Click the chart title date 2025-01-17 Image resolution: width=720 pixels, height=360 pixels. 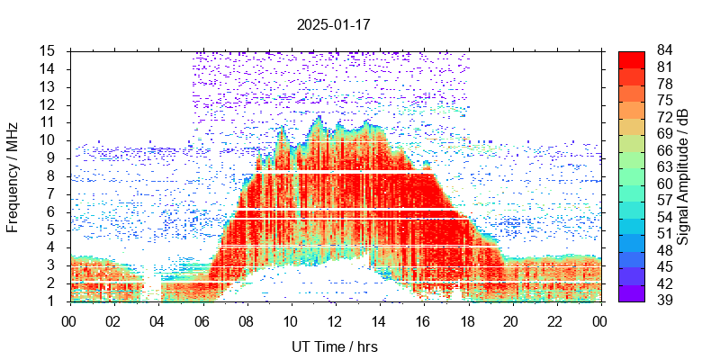coord(333,24)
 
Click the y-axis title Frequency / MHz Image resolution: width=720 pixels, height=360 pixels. coord(13,176)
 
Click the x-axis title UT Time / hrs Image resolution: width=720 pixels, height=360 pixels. coord(334,346)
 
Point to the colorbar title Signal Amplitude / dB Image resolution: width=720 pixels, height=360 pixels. coord(683,176)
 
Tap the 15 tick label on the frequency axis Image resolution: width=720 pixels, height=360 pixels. coord(48,50)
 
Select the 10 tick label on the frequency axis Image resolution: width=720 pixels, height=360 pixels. coord(48,140)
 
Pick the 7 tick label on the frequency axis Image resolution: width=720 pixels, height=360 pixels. coord(52,193)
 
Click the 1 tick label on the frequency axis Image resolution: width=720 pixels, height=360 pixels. coord(52,301)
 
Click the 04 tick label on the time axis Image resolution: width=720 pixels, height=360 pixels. coord(157,319)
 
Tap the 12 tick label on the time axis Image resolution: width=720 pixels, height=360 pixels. coord(335,319)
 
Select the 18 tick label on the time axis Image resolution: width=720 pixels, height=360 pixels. coord(467,319)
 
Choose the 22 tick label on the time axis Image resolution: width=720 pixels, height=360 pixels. coord(555,319)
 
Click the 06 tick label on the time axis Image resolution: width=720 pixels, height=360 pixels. coord(202,319)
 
